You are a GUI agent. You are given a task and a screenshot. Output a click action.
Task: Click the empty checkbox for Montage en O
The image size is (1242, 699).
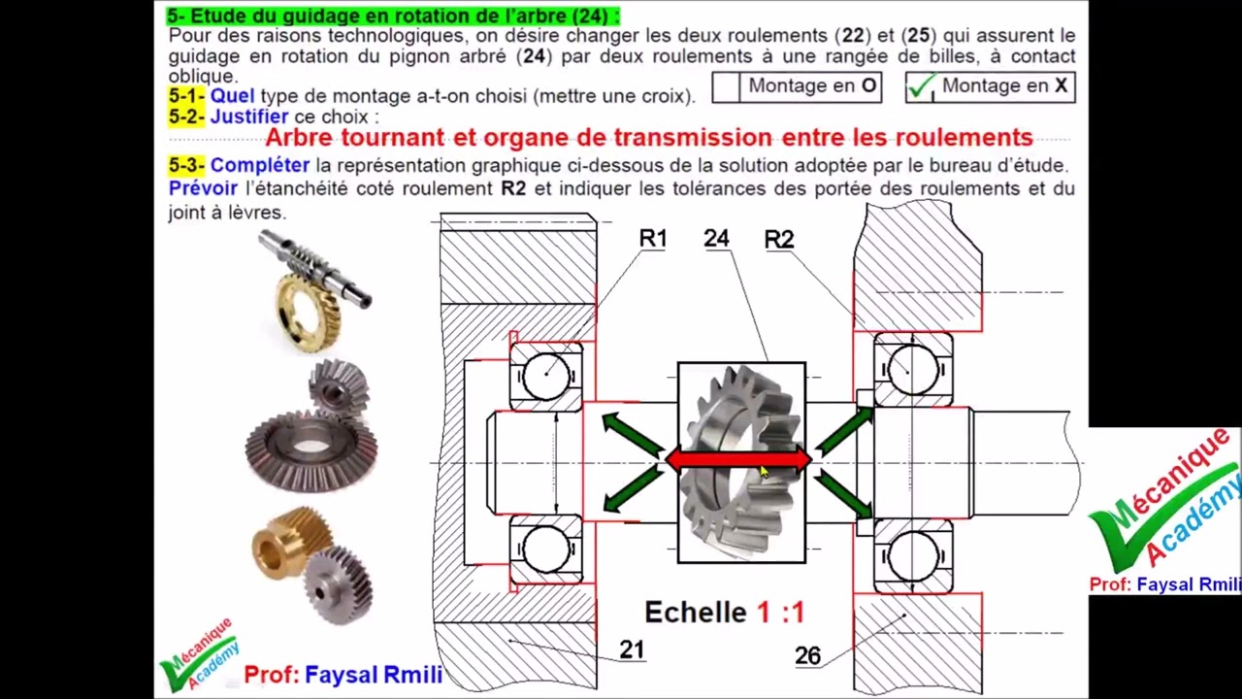(726, 87)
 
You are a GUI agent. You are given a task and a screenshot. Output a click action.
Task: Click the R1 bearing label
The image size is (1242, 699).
(653, 239)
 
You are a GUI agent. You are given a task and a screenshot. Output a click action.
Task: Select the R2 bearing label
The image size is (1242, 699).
(779, 240)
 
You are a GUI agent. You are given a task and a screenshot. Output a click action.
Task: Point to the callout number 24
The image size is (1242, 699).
(716, 239)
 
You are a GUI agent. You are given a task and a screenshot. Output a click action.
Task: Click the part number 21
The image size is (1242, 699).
(632, 649)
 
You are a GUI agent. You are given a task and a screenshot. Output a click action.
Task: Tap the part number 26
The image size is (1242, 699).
(808, 656)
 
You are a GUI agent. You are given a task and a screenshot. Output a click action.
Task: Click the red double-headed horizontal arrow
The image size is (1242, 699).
(738, 460)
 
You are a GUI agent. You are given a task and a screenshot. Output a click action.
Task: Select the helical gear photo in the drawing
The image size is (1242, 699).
(741, 463)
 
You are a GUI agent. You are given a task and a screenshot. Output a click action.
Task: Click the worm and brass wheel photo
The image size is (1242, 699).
(313, 288)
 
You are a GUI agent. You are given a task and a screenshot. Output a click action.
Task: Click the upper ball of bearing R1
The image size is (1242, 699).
(546, 376)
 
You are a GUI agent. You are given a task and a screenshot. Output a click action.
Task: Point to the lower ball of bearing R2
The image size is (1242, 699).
(913, 556)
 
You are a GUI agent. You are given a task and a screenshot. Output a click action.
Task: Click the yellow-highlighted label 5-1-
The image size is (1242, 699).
(186, 95)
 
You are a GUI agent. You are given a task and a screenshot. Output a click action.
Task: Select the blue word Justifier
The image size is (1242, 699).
(249, 117)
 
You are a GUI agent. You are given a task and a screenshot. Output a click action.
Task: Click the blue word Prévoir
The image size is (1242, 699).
(203, 188)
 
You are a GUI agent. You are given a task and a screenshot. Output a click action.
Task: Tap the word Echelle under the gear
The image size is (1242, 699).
(696, 613)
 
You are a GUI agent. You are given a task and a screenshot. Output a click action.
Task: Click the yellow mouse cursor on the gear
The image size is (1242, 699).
(765, 472)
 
